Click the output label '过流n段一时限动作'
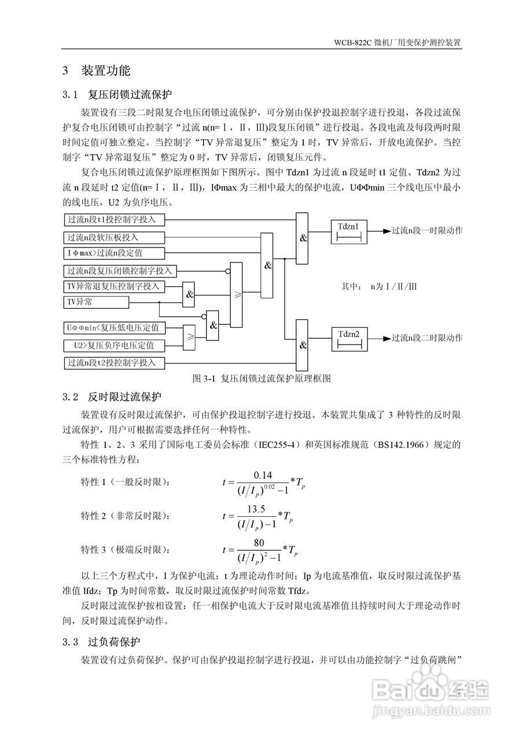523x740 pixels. point(427,231)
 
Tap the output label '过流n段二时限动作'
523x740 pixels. point(427,338)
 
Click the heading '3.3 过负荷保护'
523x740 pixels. point(101,642)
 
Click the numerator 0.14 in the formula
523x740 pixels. point(263,475)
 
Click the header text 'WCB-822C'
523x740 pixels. point(352,43)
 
